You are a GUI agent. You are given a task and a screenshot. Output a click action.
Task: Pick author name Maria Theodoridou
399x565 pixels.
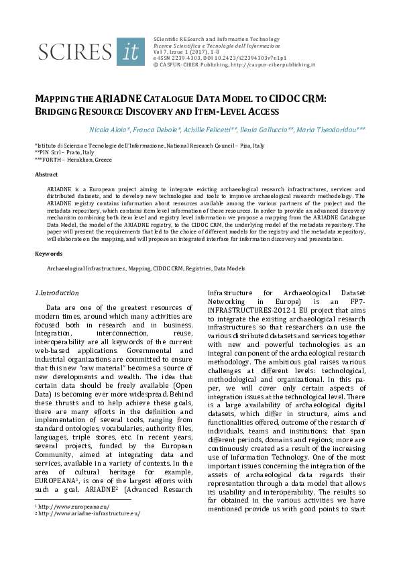pyautogui.click(x=337, y=129)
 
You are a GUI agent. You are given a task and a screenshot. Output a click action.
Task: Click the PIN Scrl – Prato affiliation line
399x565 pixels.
pyautogui.click(x=64, y=153)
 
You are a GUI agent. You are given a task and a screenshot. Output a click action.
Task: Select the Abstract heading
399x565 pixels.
pyautogui.click(x=46, y=174)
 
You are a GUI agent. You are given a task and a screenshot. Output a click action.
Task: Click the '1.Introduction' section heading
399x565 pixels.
pyautogui.click(x=56, y=293)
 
